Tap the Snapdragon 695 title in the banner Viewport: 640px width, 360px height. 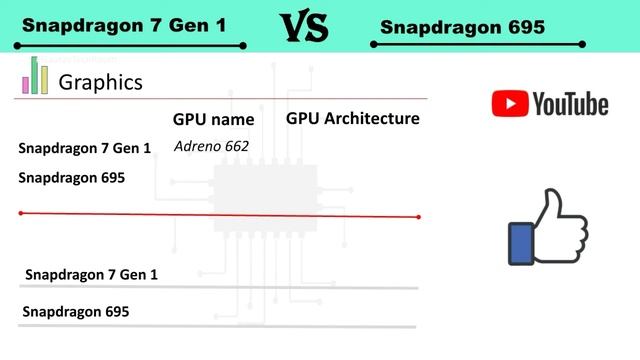462,28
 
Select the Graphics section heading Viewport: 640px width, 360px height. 101,82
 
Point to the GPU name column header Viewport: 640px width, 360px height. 213,120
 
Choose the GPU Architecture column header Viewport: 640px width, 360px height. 352,119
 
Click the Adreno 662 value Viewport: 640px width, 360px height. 210,146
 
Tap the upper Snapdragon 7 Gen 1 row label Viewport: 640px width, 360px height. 85,149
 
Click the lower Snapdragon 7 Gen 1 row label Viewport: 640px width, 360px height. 91,274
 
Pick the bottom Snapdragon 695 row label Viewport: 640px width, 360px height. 76,312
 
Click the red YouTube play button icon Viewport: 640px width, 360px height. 509,103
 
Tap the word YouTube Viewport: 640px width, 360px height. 570,103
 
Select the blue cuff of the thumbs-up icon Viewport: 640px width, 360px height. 520,243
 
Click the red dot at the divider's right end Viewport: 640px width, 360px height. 419,217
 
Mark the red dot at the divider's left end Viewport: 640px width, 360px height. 21,213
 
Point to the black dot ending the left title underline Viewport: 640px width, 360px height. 243,46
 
